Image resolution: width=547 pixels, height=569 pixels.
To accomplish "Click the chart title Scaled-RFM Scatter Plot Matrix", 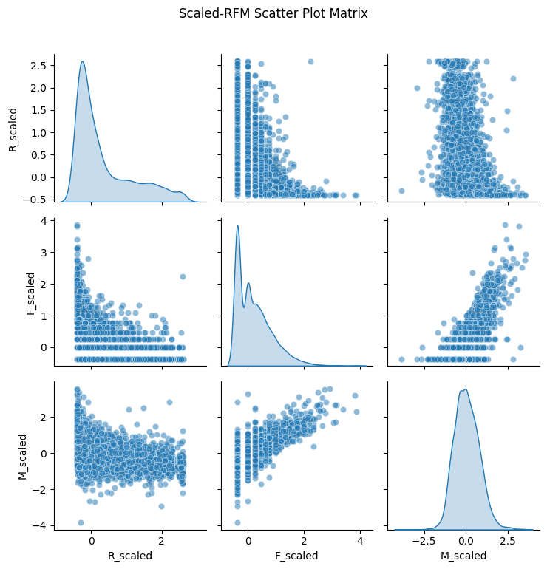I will point(273,13).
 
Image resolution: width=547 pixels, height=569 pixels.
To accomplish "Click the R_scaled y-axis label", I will point(13,128).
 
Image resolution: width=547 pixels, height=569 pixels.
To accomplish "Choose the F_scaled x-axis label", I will point(293,555).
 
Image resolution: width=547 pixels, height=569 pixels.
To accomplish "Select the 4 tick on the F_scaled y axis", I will point(45,222).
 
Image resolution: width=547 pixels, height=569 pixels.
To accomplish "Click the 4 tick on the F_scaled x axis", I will point(360,541).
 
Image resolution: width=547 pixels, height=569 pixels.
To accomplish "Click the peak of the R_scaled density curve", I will point(82,62).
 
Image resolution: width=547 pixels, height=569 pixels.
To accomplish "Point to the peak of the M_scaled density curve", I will point(465,389).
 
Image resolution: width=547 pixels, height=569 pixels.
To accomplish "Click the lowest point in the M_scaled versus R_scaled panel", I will point(80,522).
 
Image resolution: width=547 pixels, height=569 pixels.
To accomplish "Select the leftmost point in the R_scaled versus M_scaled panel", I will point(401,191).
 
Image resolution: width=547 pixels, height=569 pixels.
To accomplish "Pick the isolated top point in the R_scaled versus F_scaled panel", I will point(310,61).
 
